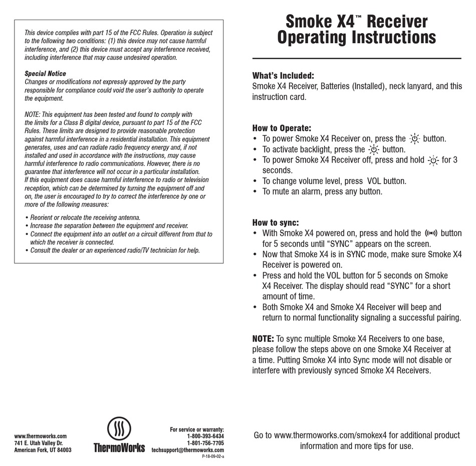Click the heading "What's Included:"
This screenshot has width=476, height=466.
[283, 76]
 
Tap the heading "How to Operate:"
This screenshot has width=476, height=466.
[281, 128]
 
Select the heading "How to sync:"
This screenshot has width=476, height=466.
[276, 223]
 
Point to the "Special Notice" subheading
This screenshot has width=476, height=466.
[45, 74]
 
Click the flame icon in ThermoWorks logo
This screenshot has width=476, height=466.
[119, 429]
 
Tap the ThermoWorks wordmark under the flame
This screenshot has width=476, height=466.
[119, 447]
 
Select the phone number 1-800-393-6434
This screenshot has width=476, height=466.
[205, 436]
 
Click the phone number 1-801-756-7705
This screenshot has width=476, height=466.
[205, 443]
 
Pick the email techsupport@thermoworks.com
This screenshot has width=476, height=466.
[188, 450]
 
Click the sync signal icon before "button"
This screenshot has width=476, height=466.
[431, 233]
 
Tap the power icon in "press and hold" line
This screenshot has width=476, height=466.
[433, 160]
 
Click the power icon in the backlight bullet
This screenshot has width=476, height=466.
[374, 149]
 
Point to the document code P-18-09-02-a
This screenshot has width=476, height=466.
[213, 457]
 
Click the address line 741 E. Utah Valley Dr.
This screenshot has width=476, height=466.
[38, 443]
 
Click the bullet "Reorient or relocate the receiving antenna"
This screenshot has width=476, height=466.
[85, 218]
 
